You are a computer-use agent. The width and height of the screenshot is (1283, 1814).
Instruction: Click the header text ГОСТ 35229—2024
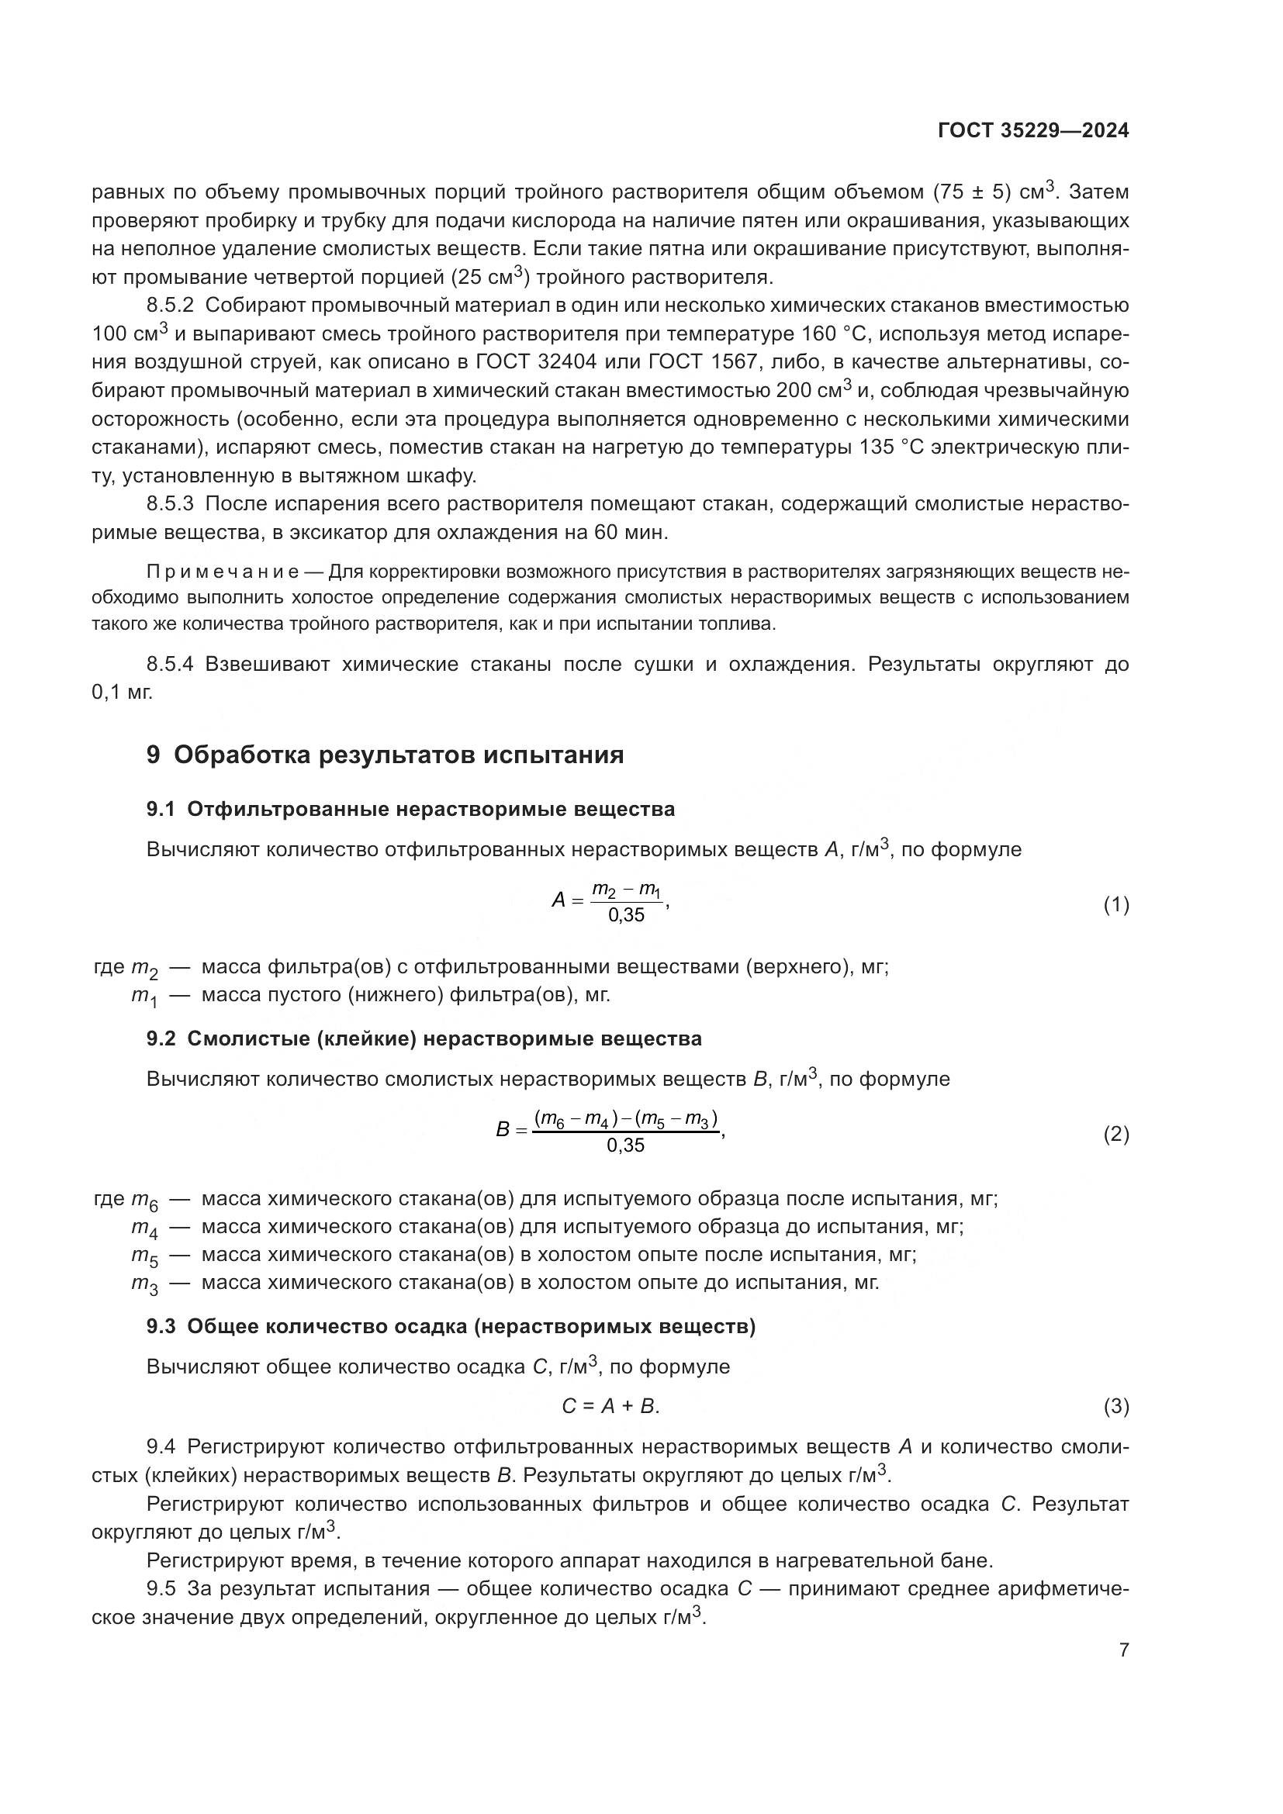pos(1032,131)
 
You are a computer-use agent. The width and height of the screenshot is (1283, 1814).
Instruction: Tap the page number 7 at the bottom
pos(1123,1650)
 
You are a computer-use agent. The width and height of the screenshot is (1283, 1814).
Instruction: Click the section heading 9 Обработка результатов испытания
pos(385,755)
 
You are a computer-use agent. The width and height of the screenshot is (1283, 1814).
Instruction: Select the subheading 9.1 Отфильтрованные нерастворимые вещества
pos(410,809)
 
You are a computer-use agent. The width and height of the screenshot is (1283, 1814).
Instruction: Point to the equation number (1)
pos(1115,905)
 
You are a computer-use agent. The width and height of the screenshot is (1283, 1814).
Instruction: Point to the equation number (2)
pos(1115,1135)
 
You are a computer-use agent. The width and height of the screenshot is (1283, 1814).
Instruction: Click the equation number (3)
pos(1115,1406)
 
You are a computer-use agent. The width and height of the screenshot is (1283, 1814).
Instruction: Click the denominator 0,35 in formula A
pos(626,916)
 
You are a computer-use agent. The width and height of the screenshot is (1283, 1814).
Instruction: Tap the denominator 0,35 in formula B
pos(626,1145)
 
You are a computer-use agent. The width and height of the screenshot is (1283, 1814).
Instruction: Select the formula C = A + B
pos(610,1406)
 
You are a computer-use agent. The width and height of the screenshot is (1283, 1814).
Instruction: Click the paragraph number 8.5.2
pos(170,306)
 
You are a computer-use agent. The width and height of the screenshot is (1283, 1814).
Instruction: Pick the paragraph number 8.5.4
pos(170,664)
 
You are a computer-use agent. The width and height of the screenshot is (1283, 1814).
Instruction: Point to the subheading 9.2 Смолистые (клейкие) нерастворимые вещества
pos(424,1038)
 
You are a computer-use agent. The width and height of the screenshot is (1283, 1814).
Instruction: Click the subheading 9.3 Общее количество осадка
pos(451,1326)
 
